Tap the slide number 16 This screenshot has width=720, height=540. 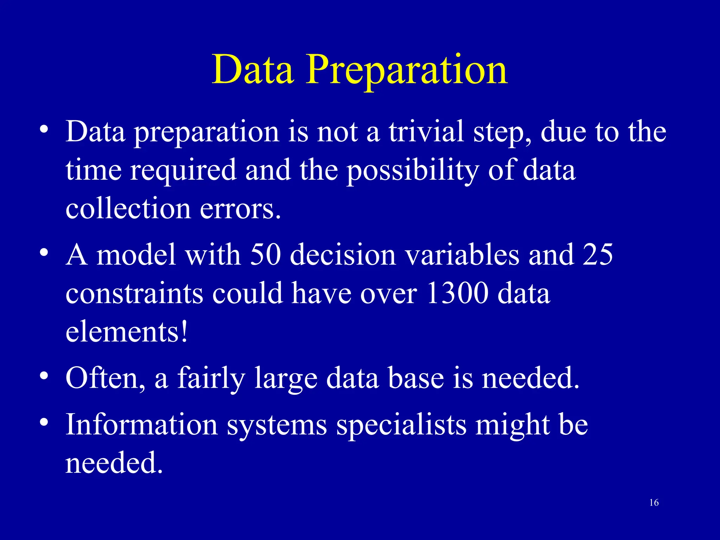pos(654,503)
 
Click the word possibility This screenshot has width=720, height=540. pos(413,171)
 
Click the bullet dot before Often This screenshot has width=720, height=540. pos(44,376)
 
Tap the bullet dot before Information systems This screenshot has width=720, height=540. pos(44,422)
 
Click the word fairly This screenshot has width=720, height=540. pos(211,378)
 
